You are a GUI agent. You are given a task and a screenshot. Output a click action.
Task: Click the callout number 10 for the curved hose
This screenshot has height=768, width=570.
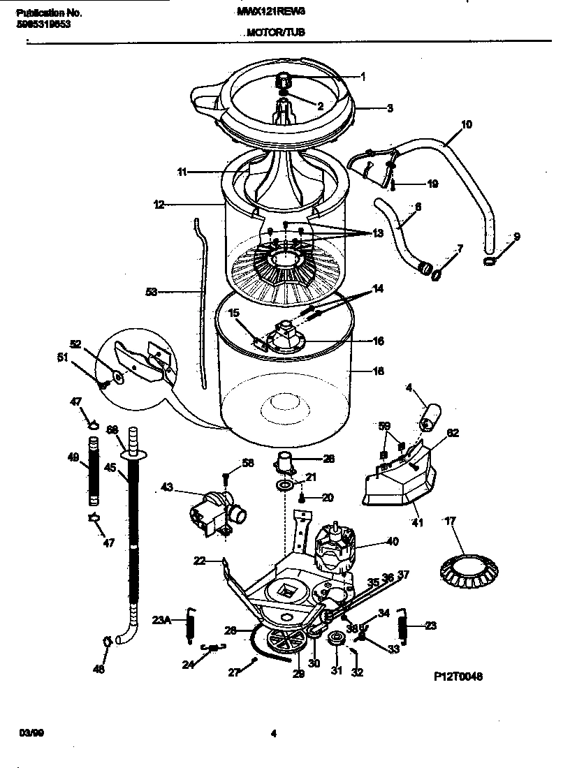467,125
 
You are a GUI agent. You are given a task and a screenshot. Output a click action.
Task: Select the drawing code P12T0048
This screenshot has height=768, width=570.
458,677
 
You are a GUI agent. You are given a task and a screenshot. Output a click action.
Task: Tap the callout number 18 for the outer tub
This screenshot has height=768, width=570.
378,372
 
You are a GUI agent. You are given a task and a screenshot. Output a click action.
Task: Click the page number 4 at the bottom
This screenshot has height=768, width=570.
274,733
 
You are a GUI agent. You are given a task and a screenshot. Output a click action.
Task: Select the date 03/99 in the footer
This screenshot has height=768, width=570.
29,733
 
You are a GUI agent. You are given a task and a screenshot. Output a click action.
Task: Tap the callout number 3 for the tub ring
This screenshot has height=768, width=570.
390,108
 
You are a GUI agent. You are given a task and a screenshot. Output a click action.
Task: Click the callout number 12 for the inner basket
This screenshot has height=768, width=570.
159,205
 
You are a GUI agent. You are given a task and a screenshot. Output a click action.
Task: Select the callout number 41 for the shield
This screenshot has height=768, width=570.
418,522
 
